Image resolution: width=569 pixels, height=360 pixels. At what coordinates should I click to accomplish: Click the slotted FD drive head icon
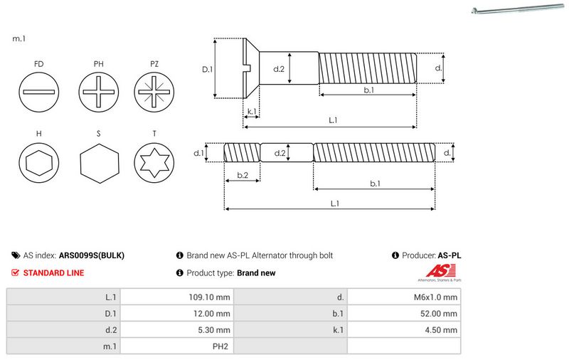click(38, 93)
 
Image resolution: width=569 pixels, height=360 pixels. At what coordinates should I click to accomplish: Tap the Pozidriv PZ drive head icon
click(154, 93)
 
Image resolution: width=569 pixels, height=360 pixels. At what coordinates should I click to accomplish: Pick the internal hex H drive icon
click(38, 164)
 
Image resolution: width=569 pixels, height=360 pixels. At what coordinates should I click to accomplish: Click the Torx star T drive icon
click(154, 164)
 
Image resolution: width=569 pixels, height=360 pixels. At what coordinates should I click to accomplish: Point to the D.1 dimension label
click(208, 70)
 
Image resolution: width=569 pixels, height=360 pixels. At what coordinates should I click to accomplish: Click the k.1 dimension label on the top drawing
click(250, 112)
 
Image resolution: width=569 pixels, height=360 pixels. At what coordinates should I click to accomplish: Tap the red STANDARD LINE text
click(53, 272)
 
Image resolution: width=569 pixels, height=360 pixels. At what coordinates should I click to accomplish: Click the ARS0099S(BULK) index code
click(92, 255)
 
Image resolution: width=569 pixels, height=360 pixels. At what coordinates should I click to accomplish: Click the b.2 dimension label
click(242, 175)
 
